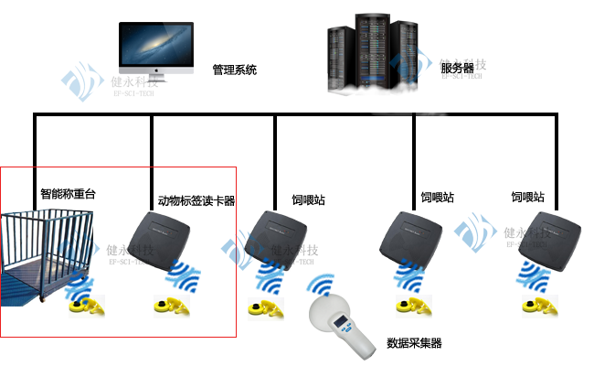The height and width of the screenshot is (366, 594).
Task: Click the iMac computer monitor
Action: pos(156,48)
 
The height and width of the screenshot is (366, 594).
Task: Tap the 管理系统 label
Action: pos(235,70)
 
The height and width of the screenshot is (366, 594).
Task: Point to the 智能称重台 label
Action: pos(68,195)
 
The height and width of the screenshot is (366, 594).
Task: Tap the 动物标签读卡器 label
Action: pos(196,201)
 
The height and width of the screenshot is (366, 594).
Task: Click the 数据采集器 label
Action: pos(414,343)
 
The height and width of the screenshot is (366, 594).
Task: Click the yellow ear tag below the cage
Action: pos(88,308)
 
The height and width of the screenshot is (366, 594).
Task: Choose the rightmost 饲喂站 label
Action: pos(527,198)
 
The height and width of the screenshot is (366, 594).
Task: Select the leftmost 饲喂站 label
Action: pos(308,200)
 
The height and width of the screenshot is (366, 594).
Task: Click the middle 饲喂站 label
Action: pos(437,198)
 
